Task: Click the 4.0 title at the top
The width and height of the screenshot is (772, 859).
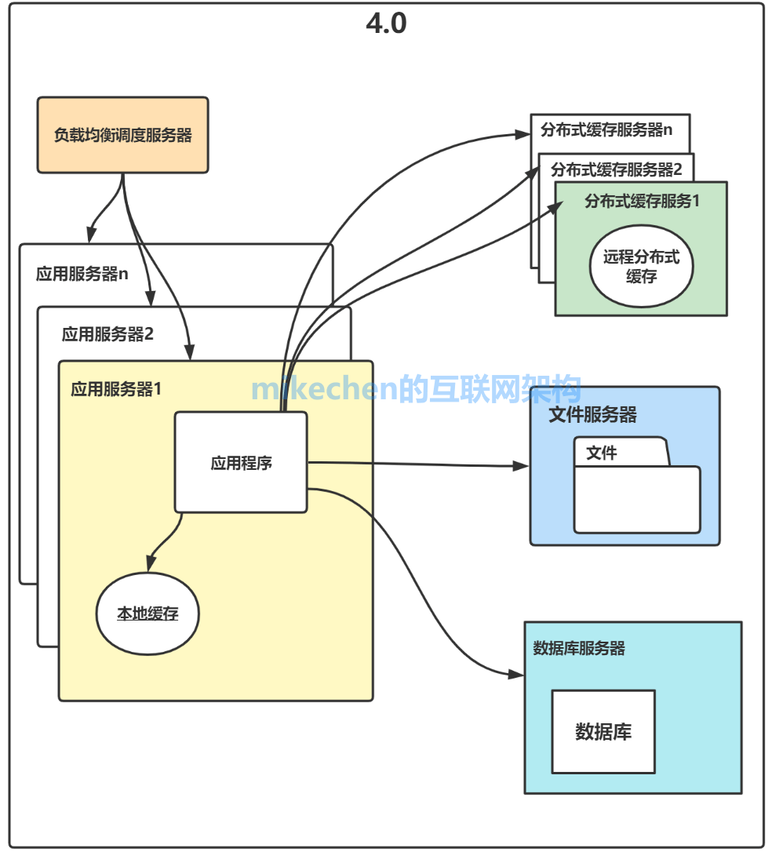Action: click(x=386, y=24)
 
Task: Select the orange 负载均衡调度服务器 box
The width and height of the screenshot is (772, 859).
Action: click(x=122, y=135)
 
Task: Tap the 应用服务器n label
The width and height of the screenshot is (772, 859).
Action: click(x=82, y=275)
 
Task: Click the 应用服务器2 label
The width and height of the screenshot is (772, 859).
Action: click(x=107, y=334)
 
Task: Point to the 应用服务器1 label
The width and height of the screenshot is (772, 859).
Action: click(x=116, y=389)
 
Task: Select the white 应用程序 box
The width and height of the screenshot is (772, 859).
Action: click(x=241, y=463)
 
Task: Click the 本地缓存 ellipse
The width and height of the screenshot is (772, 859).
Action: click(x=147, y=613)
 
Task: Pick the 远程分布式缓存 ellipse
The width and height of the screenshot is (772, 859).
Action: click(x=641, y=267)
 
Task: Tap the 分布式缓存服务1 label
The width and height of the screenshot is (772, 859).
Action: click(x=641, y=201)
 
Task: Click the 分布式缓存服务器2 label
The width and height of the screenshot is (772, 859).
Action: click(x=616, y=169)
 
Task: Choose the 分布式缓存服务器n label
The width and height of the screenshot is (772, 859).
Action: click(x=606, y=130)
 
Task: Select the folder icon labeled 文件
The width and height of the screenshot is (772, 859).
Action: click(x=636, y=486)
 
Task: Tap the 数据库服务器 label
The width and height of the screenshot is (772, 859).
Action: click(x=578, y=648)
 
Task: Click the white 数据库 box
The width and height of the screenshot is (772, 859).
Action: click(x=603, y=732)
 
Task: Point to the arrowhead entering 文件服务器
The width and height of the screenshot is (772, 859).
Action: click(x=522, y=466)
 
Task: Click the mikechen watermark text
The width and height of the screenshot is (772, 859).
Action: click(x=416, y=389)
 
